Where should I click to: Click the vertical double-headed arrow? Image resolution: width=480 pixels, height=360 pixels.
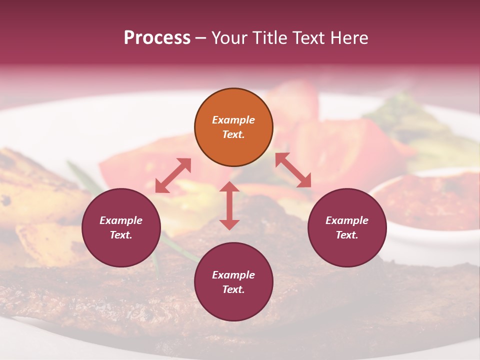pyautogui.click(x=229, y=205)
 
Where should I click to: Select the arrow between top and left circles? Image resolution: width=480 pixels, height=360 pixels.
pyautogui.click(x=173, y=175)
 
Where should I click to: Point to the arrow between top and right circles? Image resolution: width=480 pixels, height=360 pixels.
pyautogui.click(x=293, y=170)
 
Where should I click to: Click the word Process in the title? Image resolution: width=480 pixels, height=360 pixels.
pyautogui.click(x=157, y=37)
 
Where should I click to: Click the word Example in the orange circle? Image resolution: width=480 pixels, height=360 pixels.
pyautogui.click(x=233, y=120)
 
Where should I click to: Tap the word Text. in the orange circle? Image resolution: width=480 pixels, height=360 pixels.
pyautogui.click(x=233, y=134)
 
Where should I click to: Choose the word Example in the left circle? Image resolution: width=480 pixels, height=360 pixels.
pyautogui.click(x=121, y=220)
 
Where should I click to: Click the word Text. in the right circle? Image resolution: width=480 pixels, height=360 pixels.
pyautogui.click(x=347, y=235)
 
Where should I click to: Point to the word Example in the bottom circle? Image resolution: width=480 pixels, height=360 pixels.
pyautogui.click(x=233, y=275)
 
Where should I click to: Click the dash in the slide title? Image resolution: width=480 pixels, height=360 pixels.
pyautogui.click(x=201, y=38)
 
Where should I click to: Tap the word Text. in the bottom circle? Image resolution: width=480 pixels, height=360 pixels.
pyautogui.click(x=233, y=289)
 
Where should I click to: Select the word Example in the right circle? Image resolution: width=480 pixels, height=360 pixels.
pyautogui.click(x=347, y=220)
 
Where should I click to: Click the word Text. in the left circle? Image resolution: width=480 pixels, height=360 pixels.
pyautogui.click(x=121, y=235)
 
